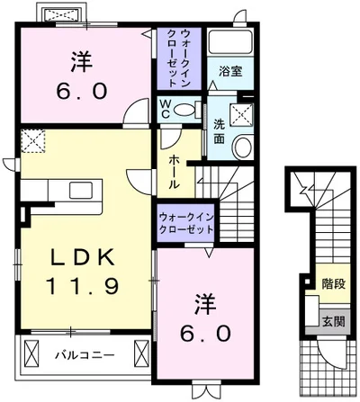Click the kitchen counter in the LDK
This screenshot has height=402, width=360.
click(x=64, y=191)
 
